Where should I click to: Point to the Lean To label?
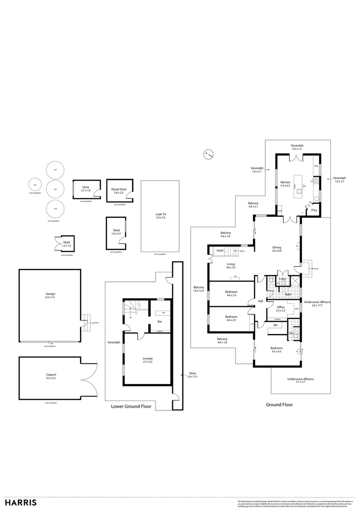[161, 216]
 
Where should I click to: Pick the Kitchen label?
[286, 182]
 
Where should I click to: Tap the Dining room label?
[277, 248]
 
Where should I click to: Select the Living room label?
[230, 265]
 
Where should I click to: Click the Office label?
[280, 308]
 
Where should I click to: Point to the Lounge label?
[147, 360]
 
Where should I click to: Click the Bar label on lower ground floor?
[160, 322]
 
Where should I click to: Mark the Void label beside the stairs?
[220, 251]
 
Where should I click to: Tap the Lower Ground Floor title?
[131, 406]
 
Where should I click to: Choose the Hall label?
[260, 301]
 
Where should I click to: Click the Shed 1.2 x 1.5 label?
[66, 244]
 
